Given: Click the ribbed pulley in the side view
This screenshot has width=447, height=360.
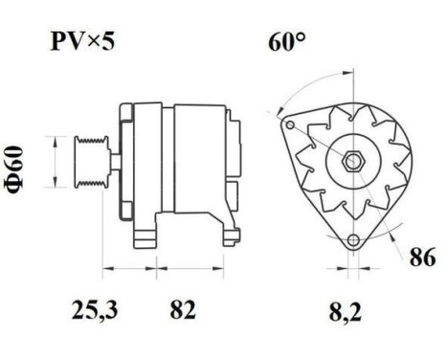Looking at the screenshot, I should [x=91, y=162].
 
